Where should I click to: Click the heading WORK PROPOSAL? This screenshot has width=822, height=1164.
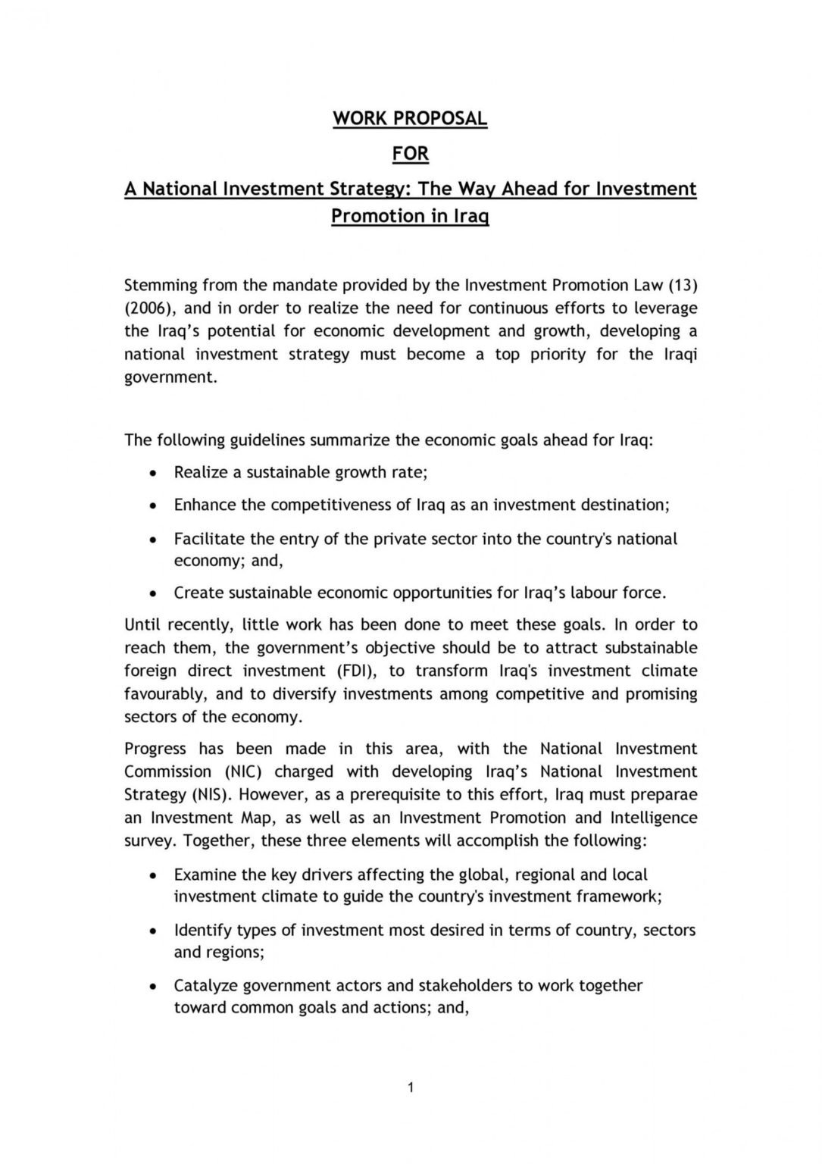click(410, 118)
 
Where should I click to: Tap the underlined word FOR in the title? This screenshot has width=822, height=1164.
click(411, 153)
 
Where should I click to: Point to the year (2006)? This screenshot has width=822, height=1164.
click(148, 308)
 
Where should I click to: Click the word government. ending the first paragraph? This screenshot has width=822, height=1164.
click(170, 377)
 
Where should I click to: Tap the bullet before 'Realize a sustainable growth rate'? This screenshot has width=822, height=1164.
click(154, 473)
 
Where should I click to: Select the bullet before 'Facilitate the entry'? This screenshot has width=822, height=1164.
click(154, 540)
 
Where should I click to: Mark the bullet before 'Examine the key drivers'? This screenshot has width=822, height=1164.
click(154, 875)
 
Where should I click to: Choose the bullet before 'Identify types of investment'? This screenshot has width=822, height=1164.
click(154, 931)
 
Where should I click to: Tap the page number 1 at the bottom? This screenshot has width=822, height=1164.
click(410, 1088)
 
